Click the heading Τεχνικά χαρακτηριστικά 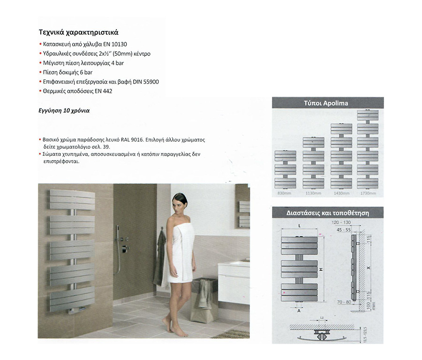78,33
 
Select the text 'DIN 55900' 146,82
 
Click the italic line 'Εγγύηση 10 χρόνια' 64,111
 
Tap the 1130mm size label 313,193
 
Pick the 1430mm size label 341,193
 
